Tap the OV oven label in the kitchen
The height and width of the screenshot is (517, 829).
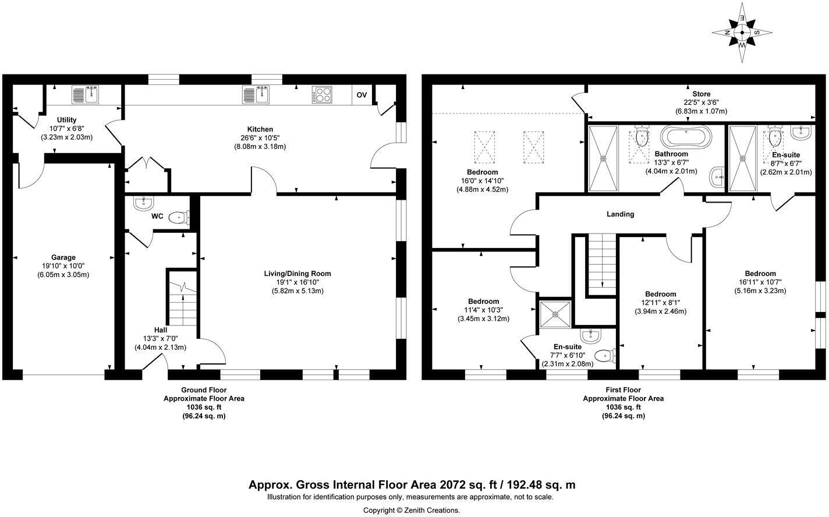pos(362,95)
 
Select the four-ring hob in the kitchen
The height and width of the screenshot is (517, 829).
pos(321,95)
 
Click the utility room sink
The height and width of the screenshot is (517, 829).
pos(85,94)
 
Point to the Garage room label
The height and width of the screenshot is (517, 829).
pos(63,257)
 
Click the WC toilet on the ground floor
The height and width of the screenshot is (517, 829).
pos(179,218)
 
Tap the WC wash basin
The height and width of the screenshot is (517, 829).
pos(143,204)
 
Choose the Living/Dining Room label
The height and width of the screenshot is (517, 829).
pos(297,274)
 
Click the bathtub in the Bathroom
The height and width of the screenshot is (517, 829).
pos(686,137)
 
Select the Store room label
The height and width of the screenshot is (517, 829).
pos(702,94)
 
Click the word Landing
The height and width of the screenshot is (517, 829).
pos(620,214)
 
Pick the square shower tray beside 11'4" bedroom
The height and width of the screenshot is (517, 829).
pos(555,314)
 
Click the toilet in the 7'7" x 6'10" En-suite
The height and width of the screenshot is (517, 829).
pos(605,356)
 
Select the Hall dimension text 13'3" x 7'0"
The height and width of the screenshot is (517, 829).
pos(161,339)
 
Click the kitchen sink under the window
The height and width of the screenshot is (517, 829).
pos(256,94)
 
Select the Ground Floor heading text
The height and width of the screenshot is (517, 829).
pos(204,389)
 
